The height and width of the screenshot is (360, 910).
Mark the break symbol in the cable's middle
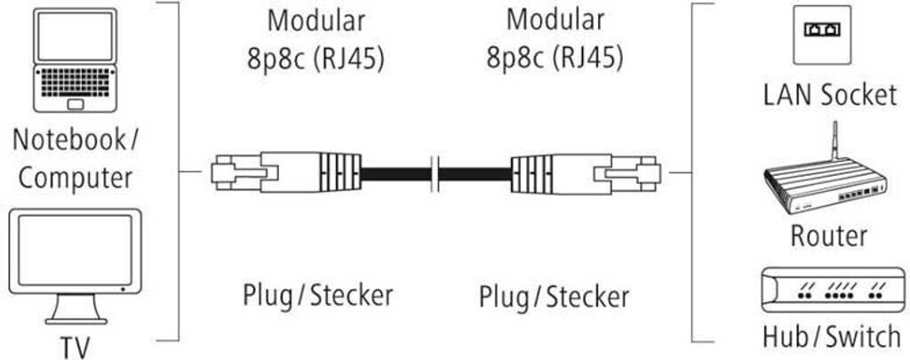pyautogui.click(x=435, y=172)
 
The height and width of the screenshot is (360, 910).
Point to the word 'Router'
pyautogui.click(x=827, y=236)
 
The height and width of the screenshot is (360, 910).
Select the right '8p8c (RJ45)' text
pyautogui.click(x=554, y=58)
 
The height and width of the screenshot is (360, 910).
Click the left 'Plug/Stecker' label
pyautogui.click(x=316, y=295)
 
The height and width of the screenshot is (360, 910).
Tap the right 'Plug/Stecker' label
pyautogui.click(x=553, y=296)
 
